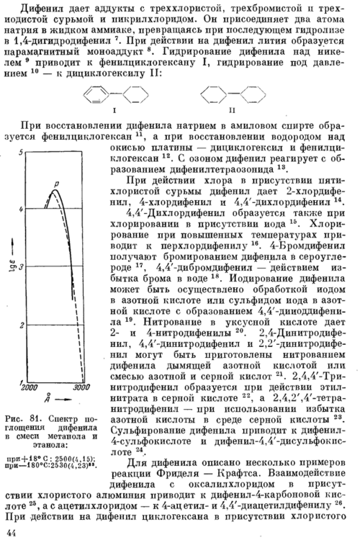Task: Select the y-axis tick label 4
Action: coord(21,209)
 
